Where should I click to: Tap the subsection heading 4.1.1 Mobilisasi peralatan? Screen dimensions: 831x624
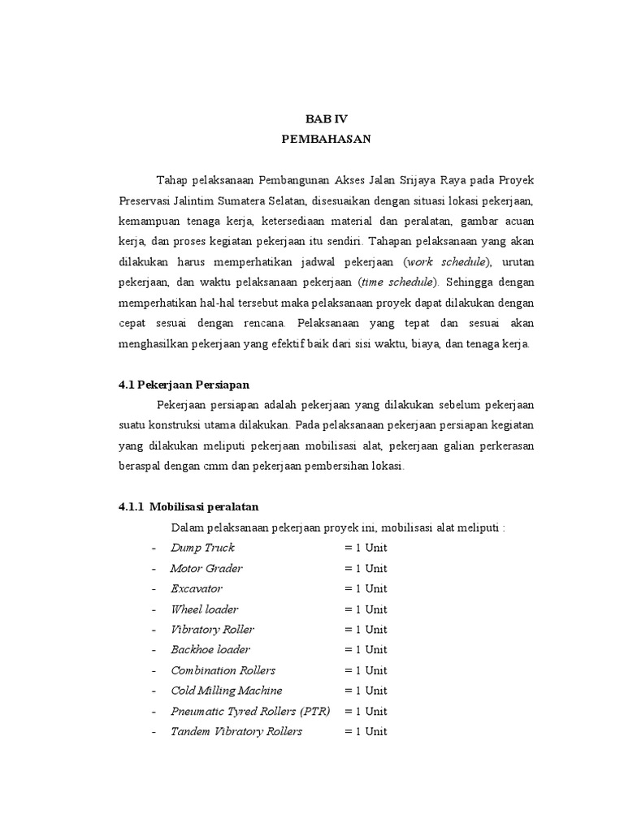pyautogui.click(x=188, y=507)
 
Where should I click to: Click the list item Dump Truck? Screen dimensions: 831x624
pyautogui.click(x=202, y=548)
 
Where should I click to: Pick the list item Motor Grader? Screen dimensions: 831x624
pyautogui.click(x=206, y=568)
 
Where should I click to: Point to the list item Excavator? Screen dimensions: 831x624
pyautogui.click(x=197, y=588)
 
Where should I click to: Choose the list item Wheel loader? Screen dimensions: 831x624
pyautogui.click(x=205, y=609)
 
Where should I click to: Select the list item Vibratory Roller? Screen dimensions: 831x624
pyautogui.click(x=212, y=630)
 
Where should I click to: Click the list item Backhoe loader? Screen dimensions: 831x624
pyautogui.click(x=210, y=650)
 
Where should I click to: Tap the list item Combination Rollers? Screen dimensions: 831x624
pyautogui.click(x=223, y=670)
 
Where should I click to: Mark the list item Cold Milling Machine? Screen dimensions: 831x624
pyautogui.click(x=227, y=691)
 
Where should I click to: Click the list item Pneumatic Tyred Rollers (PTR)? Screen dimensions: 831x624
pyautogui.click(x=248, y=712)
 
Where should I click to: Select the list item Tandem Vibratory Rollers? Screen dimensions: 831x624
pyautogui.click(x=236, y=732)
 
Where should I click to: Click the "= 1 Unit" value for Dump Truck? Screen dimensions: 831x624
pyautogui.click(x=366, y=548)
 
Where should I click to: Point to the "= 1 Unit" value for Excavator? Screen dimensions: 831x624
pyautogui.click(x=366, y=588)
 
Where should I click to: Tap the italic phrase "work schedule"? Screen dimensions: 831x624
pyautogui.click(x=447, y=261)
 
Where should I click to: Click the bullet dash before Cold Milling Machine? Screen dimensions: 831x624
pyautogui.click(x=154, y=691)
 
